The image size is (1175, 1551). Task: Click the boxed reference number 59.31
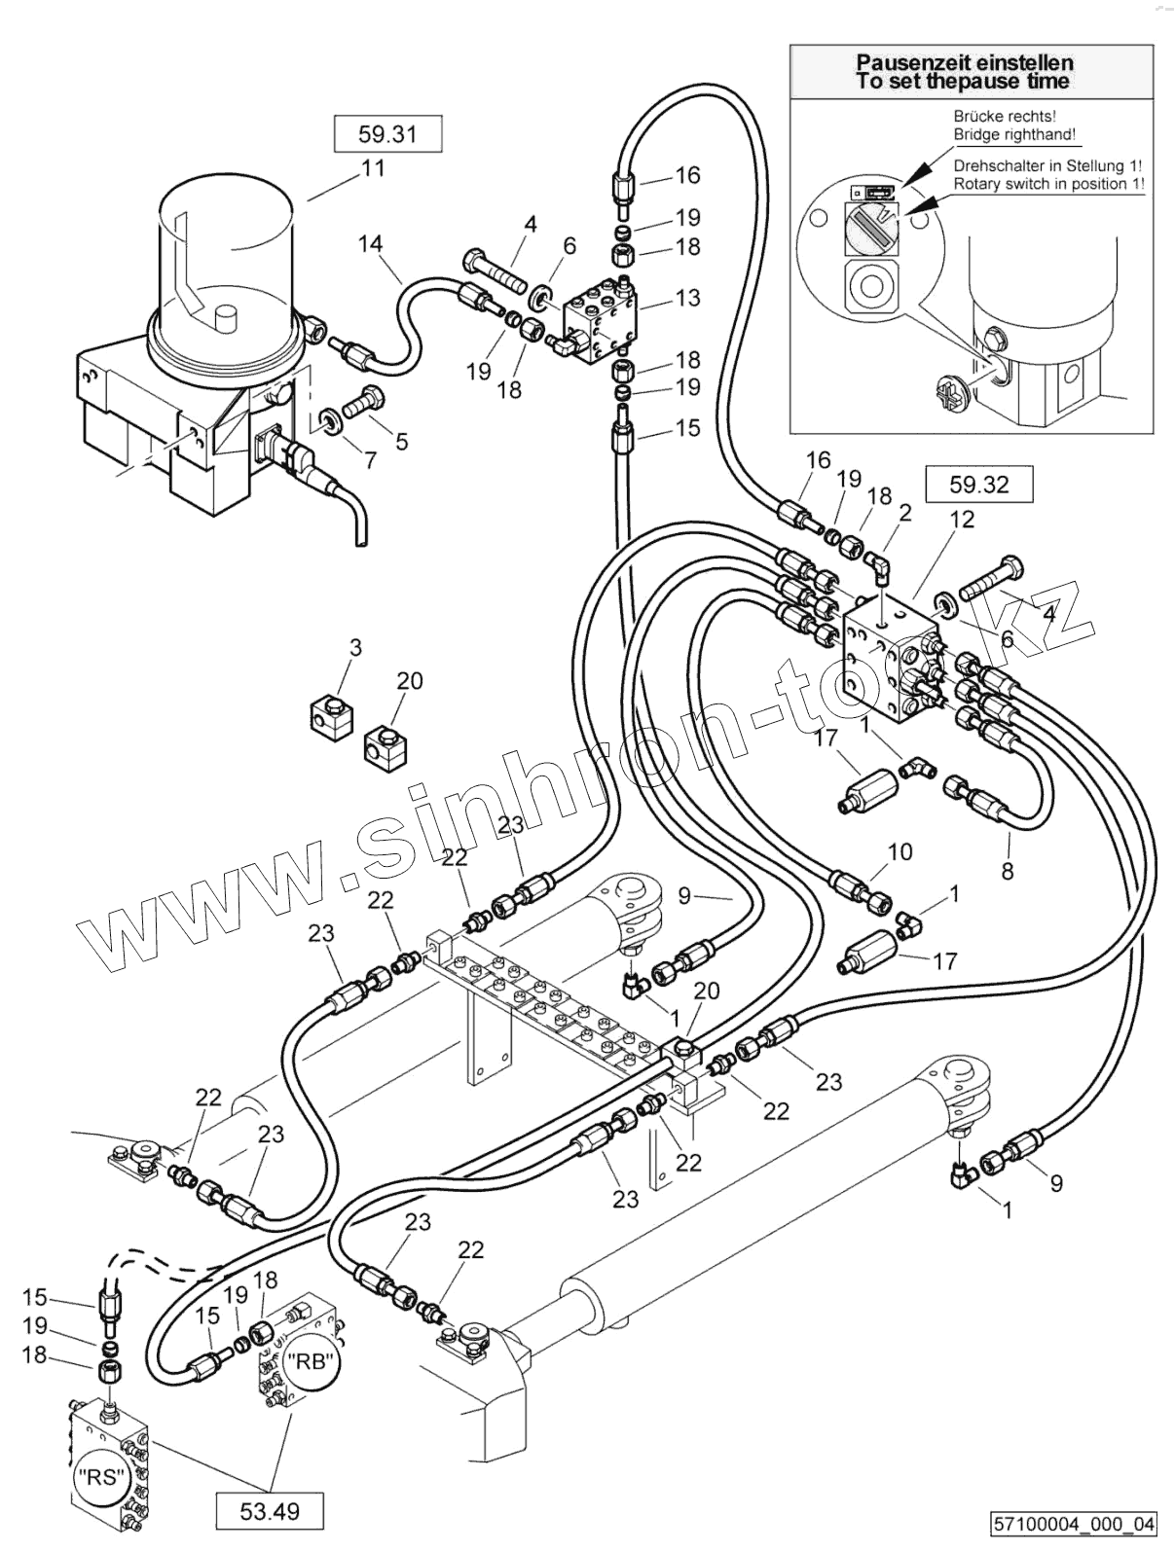tap(387, 134)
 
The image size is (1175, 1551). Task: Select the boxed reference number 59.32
tap(978, 484)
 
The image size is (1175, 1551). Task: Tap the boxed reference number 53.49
tap(270, 1511)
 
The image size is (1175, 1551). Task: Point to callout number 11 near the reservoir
tap(374, 168)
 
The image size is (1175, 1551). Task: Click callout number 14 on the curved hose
tap(370, 243)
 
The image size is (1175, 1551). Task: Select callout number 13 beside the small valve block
tap(687, 297)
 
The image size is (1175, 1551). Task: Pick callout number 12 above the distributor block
tap(962, 520)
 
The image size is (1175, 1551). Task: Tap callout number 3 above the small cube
tap(356, 648)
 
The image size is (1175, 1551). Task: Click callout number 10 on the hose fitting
tap(900, 852)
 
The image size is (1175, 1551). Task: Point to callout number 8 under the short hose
tap(1008, 870)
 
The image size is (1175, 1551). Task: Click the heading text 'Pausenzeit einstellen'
tap(965, 63)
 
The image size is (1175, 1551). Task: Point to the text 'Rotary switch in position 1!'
tap(1048, 184)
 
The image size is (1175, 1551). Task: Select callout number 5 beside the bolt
tap(401, 442)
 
